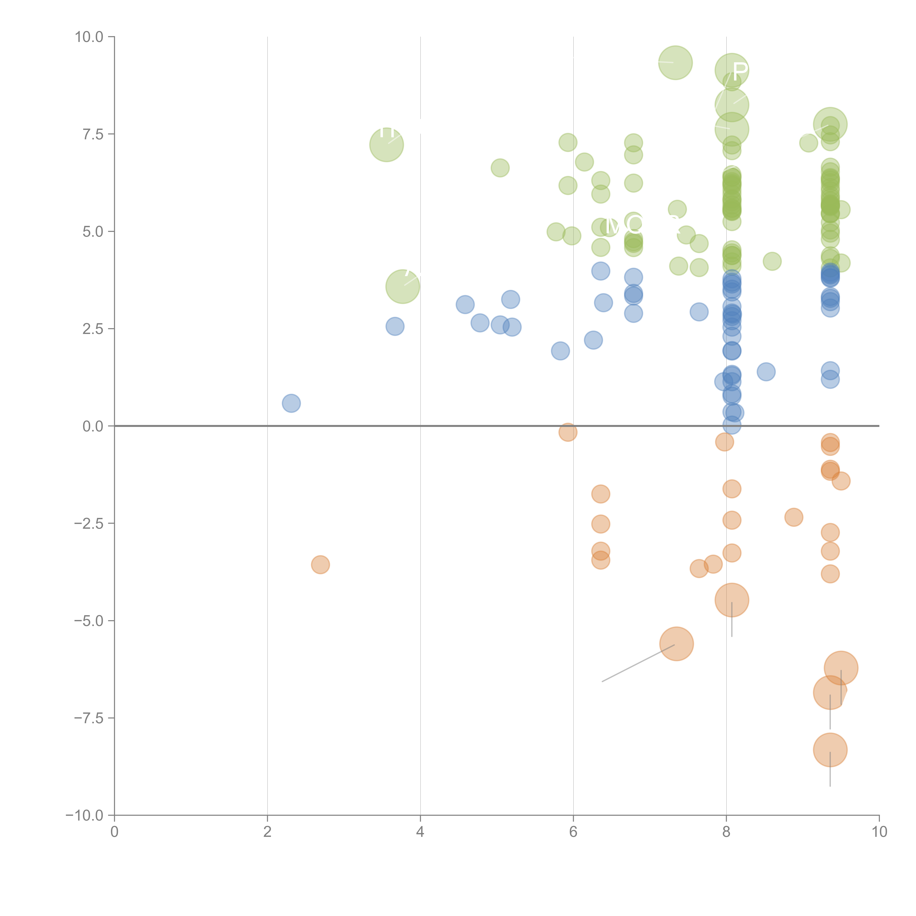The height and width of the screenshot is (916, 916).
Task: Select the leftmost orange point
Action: pos(320,565)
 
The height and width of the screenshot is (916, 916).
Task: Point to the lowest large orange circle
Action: pos(830,750)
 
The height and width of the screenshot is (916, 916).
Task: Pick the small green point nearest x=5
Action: pos(500,168)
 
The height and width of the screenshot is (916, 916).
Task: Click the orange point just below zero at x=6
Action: pos(568,432)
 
